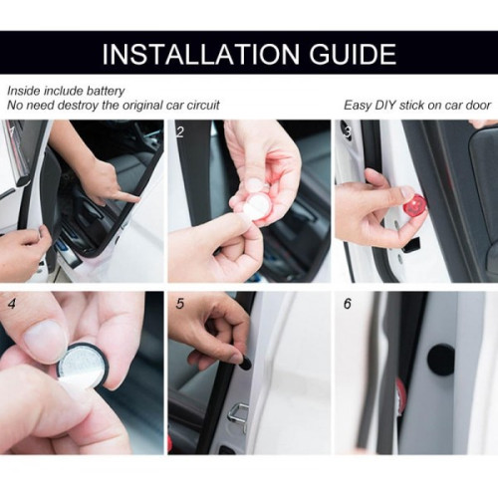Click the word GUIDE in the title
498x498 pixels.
pyautogui.click(x=353, y=54)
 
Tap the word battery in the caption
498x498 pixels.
pyautogui.click(x=106, y=91)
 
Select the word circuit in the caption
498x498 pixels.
pyautogui.click(x=203, y=106)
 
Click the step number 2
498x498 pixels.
pyautogui.click(x=180, y=132)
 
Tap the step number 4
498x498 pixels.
pyautogui.click(x=12, y=304)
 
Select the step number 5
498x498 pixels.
pyautogui.click(x=180, y=304)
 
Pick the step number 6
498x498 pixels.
pyautogui.click(x=348, y=304)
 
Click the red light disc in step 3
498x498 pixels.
pyautogui.click(x=413, y=204)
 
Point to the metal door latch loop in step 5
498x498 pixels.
pyautogui.click(x=238, y=414)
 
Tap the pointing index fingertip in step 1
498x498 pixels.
pyautogui.click(x=135, y=198)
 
